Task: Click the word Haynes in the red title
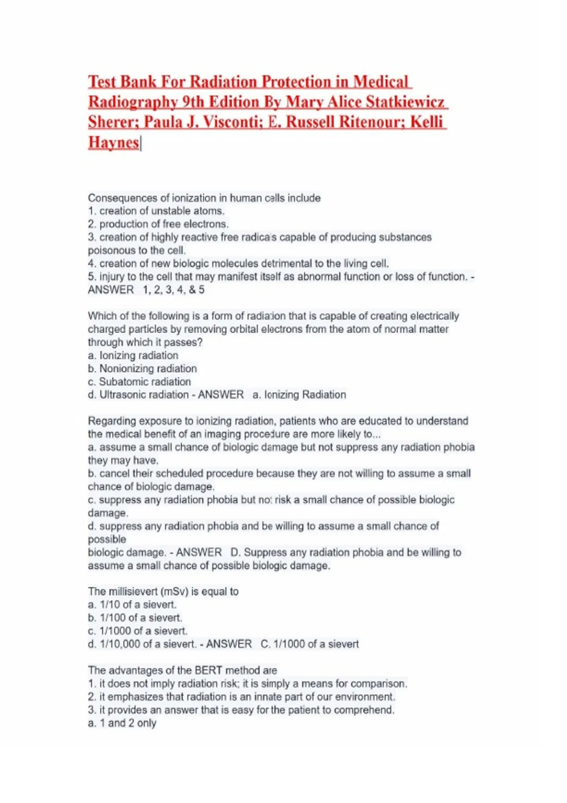pyautogui.click(x=113, y=142)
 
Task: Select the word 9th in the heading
pyautogui.click(x=193, y=102)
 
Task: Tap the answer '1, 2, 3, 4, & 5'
pyautogui.click(x=174, y=290)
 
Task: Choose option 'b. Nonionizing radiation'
pyautogui.click(x=142, y=368)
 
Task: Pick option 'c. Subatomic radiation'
pyautogui.click(x=139, y=382)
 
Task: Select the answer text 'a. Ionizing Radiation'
pyautogui.click(x=299, y=395)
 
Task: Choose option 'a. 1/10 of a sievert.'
pyautogui.click(x=132, y=605)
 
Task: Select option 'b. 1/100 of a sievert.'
pyautogui.click(x=135, y=618)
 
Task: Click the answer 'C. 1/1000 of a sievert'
pyautogui.click(x=309, y=644)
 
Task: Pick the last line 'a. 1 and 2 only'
pyautogui.click(x=122, y=723)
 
